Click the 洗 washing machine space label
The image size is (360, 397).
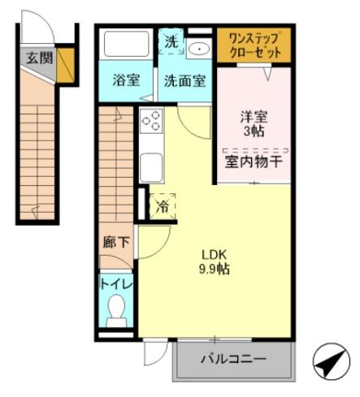(x=171, y=41)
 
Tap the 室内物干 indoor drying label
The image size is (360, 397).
(x=254, y=161)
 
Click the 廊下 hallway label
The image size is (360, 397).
(x=115, y=241)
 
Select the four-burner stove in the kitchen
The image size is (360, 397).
(x=150, y=121)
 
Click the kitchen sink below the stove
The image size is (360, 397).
(x=151, y=166)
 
